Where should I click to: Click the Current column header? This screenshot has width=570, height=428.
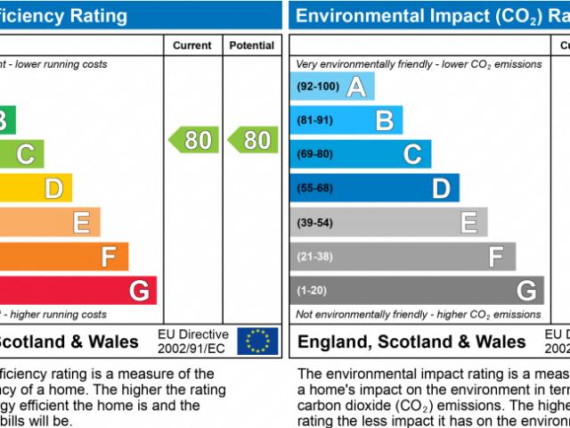[192, 45]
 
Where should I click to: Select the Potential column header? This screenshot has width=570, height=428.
[252, 45]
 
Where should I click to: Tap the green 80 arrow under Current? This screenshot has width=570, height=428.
[191, 140]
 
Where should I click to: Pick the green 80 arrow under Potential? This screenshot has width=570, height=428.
[250, 140]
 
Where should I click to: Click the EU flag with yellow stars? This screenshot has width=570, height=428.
[257, 341]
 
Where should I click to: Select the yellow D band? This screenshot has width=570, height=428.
[36, 188]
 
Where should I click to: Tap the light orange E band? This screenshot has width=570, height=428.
[49, 222]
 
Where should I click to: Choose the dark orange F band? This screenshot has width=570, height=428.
[62, 257]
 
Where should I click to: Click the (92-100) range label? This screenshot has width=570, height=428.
[317, 86]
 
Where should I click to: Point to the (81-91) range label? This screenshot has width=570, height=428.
[314, 120]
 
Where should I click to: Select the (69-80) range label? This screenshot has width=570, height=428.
[314, 154]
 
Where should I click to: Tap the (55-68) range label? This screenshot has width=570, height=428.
[314, 188]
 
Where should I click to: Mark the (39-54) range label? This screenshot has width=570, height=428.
[314, 222]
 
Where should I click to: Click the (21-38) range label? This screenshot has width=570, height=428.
[314, 257]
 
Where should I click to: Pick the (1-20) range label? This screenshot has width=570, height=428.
[312, 291]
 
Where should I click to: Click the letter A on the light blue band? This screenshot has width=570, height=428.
[356, 86]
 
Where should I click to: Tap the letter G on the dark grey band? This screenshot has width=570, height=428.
[526, 291]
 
